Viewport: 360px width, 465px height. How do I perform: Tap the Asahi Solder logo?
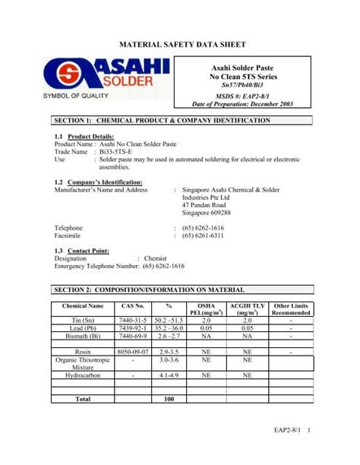click(108, 77)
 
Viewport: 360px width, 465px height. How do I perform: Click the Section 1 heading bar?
click(179, 120)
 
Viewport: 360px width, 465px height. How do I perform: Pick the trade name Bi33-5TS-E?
click(115, 152)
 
